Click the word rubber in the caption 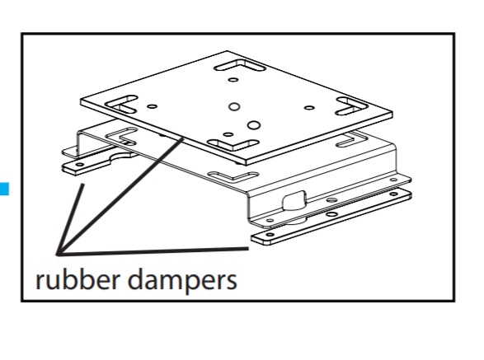(x=78, y=279)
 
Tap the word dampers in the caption (x=182, y=280)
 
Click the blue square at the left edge (x=4, y=189)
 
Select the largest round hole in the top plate (x=254, y=125)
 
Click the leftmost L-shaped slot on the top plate (x=121, y=105)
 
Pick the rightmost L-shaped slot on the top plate (x=351, y=105)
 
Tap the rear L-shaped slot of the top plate (x=240, y=65)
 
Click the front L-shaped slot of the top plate (x=233, y=145)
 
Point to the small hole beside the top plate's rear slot (x=233, y=80)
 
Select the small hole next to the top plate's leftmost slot (x=152, y=106)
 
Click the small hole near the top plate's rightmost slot (x=309, y=108)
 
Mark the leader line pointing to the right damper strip (x=153, y=251)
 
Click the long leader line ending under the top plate (x=120, y=197)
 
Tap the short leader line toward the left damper (x=70, y=219)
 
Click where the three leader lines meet (x=59, y=254)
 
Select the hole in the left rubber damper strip (x=80, y=165)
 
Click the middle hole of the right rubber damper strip (x=331, y=214)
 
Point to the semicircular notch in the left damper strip (x=122, y=157)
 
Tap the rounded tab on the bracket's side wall (x=294, y=200)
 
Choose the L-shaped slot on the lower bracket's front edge (x=233, y=176)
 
